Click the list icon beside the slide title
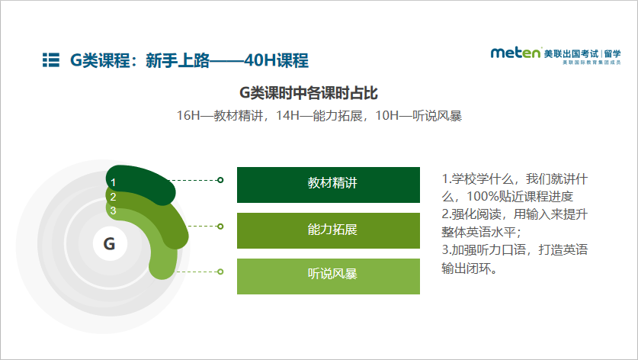(x=51, y=59)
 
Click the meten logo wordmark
(x=515, y=53)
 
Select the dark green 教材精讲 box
(x=329, y=185)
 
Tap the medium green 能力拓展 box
(x=329, y=230)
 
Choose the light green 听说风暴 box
(x=329, y=276)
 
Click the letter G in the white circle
(x=109, y=244)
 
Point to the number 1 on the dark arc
(x=113, y=182)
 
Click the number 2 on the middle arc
(x=113, y=197)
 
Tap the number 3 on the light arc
(x=113, y=211)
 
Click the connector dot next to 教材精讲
(x=220, y=180)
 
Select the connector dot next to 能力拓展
(x=220, y=226)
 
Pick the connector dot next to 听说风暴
(x=220, y=272)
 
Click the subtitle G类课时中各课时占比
(x=309, y=93)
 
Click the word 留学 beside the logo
(x=613, y=53)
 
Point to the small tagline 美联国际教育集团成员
(x=592, y=63)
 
